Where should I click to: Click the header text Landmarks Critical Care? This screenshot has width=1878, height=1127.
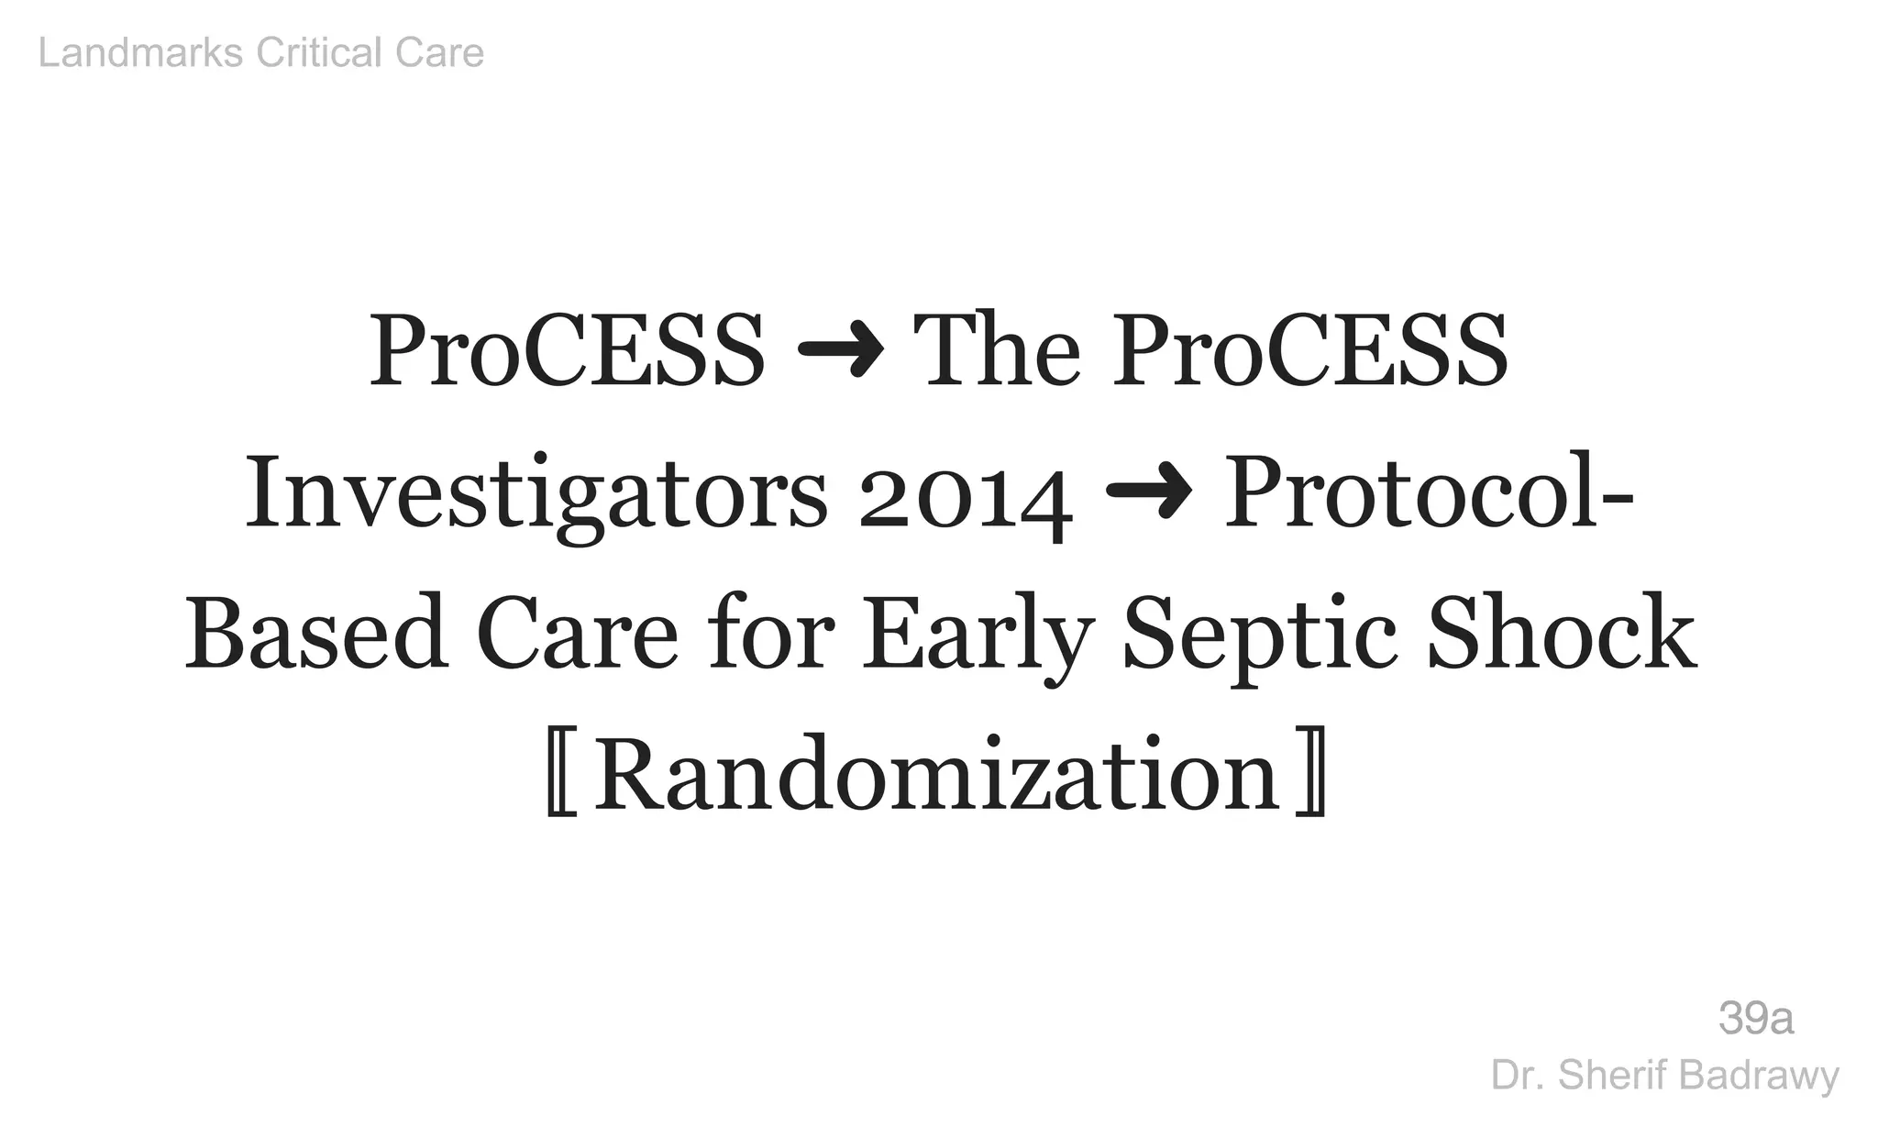[x=260, y=53]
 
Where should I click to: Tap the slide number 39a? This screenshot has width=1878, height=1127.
[x=1755, y=1019]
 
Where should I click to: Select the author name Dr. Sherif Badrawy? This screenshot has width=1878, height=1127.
[x=1664, y=1076]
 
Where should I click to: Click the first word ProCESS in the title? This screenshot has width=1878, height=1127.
[x=567, y=352]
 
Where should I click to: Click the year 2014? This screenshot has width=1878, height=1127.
[x=966, y=500]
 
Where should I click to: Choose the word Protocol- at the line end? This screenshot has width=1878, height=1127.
[x=1428, y=493]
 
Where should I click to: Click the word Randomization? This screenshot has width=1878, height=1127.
[x=936, y=776]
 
